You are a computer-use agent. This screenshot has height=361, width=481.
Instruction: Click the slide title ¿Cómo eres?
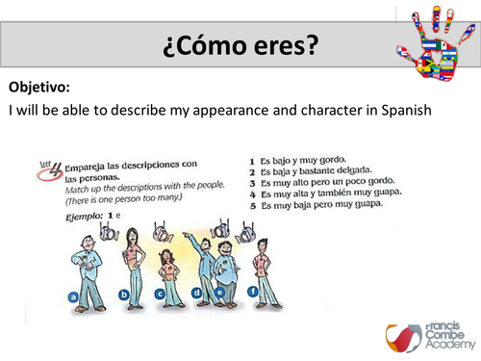(x=240, y=45)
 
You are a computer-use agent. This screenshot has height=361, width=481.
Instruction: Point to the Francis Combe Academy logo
(x=424, y=332)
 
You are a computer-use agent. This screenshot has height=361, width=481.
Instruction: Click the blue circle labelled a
(x=72, y=297)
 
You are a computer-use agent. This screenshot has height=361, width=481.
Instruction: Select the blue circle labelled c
(x=160, y=294)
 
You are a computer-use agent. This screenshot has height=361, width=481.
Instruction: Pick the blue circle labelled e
(x=221, y=292)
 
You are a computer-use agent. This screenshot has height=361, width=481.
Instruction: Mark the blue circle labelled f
(x=252, y=292)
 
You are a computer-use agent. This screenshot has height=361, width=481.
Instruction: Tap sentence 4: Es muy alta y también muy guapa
(x=322, y=193)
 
